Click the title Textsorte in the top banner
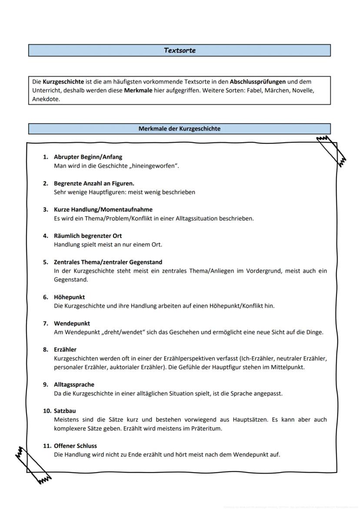[x=180, y=50]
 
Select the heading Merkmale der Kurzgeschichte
[x=179, y=129]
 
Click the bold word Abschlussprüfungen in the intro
[x=258, y=82]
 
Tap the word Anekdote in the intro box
[x=46, y=99]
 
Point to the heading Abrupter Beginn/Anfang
[x=88, y=157]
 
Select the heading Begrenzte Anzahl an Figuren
[x=94, y=183]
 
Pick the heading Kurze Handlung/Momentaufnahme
[x=103, y=210]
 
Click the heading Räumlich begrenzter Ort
[x=88, y=236]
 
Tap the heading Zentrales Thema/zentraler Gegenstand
[x=108, y=262]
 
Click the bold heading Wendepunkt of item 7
[x=72, y=323]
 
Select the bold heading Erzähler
[x=65, y=349]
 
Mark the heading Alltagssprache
[x=74, y=385]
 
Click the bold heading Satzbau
[x=65, y=411]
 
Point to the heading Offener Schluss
[x=75, y=446]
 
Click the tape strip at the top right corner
[x=332, y=150]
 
